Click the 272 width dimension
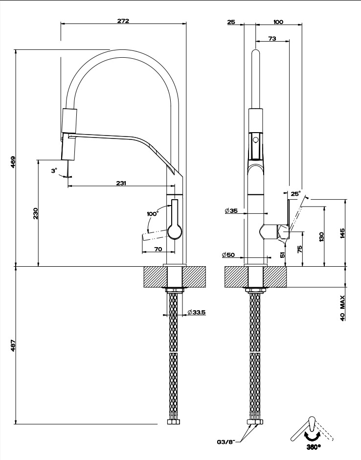click(x=123, y=21)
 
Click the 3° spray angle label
click(x=54, y=170)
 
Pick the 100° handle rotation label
click(x=153, y=214)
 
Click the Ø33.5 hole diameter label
click(x=196, y=312)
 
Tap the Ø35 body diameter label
click(x=231, y=211)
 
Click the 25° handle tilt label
click(x=295, y=194)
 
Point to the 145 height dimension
click(x=342, y=233)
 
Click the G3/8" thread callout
click(x=226, y=441)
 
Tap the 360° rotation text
click(x=314, y=447)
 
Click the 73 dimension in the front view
click(x=272, y=39)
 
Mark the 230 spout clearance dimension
click(x=35, y=213)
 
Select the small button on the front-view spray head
click(x=254, y=140)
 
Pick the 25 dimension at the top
click(x=231, y=22)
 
